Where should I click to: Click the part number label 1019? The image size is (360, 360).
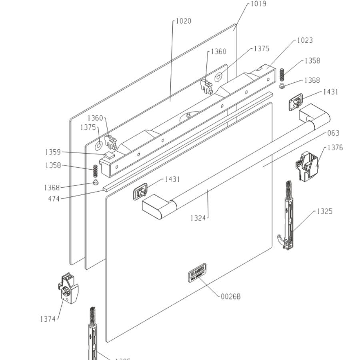click(258, 4)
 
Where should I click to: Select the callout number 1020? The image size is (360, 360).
click(183, 21)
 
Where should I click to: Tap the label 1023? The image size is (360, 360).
click(305, 40)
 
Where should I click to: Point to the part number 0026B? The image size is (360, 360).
click(231, 297)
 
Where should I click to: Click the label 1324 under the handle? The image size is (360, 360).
click(198, 218)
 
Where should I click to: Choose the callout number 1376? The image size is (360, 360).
click(335, 148)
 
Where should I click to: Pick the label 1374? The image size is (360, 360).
click(48, 319)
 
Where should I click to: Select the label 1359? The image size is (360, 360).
click(53, 152)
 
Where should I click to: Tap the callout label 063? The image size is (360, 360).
click(333, 133)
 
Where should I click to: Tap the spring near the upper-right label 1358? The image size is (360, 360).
click(282, 74)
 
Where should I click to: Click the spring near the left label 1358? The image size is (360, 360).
click(95, 171)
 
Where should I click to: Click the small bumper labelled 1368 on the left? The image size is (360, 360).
click(96, 182)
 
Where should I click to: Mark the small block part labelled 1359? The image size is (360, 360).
click(109, 154)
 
